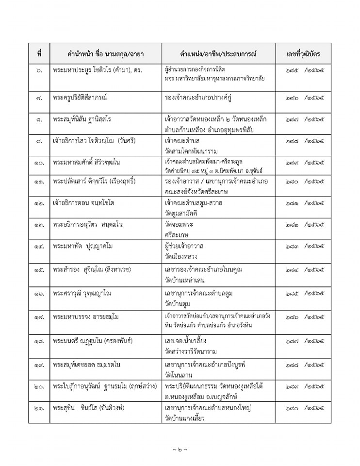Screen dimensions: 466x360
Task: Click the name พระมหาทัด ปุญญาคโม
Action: click(x=83, y=247)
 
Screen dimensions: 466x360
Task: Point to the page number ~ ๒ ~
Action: click(x=180, y=449)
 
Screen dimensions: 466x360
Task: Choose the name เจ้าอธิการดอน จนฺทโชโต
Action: click(x=83, y=202)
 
